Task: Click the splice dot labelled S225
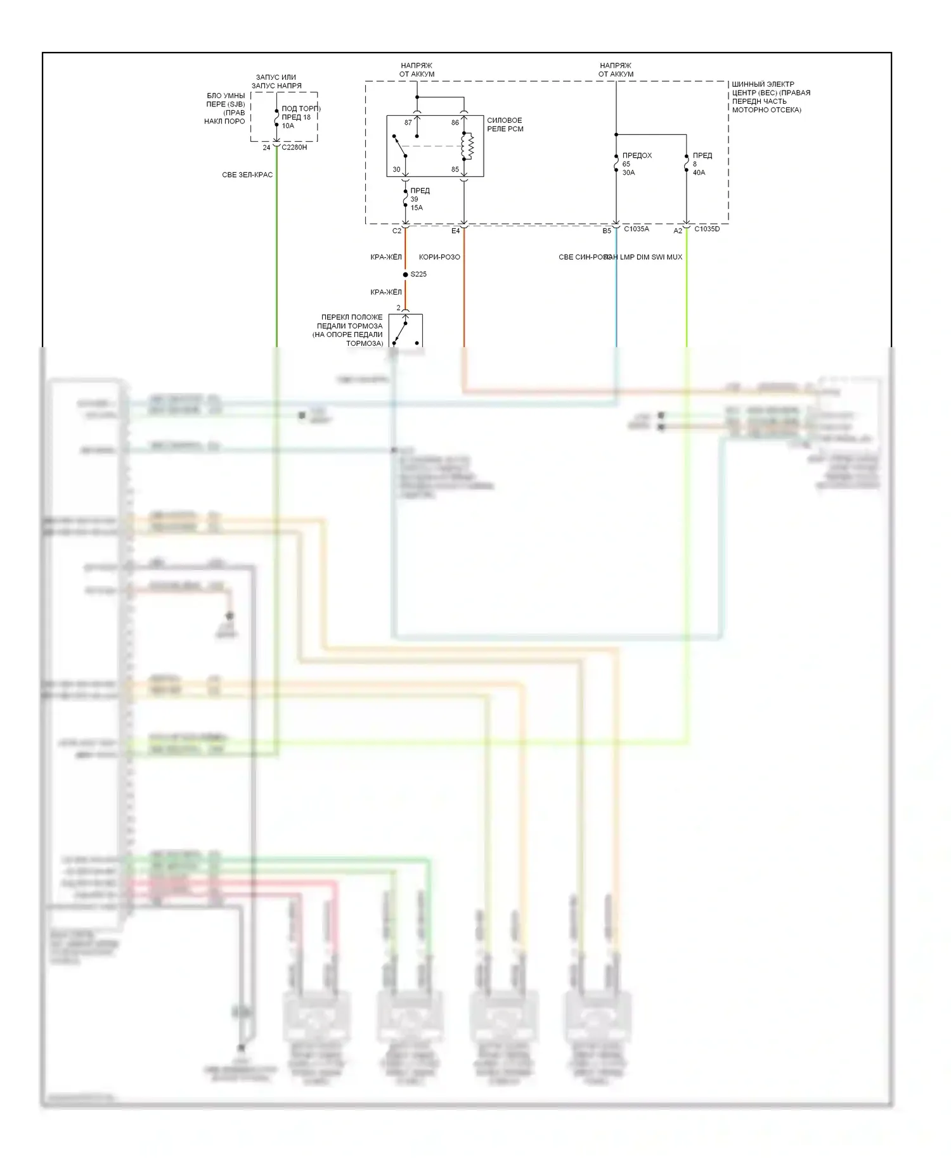tap(406, 274)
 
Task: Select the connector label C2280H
tap(294, 147)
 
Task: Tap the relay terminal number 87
tap(408, 122)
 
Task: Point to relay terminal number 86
tap(455, 122)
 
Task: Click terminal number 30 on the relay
tap(396, 169)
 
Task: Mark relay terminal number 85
tap(455, 169)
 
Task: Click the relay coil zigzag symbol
tap(469, 146)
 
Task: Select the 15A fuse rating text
tap(417, 208)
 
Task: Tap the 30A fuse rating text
tap(628, 172)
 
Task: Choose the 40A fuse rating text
tap(699, 172)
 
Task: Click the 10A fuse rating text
tap(288, 125)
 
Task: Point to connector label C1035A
tap(637, 229)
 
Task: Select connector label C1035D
tap(707, 229)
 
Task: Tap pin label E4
tap(455, 231)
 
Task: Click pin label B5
tap(607, 231)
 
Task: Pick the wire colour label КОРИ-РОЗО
tap(439, 257)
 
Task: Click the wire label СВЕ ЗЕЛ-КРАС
tap(247, 175)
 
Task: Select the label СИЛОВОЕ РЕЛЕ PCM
tap(505, 125)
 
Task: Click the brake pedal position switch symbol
tap(405, 331)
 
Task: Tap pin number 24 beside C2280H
tap(266, 148)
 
